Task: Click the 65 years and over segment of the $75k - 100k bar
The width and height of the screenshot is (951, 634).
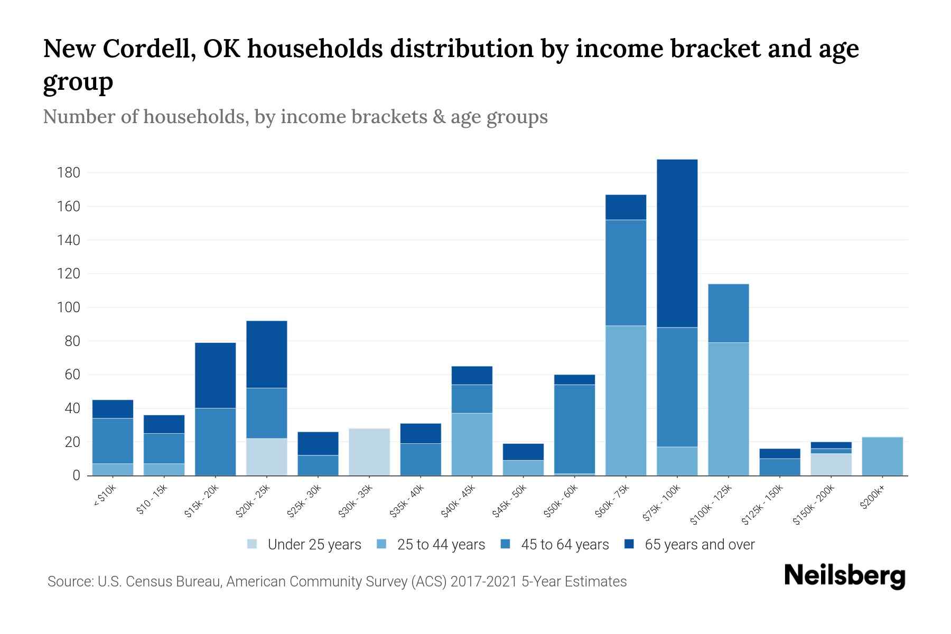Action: click(677, 243)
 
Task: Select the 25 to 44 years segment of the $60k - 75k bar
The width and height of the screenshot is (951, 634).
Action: click(626, 400)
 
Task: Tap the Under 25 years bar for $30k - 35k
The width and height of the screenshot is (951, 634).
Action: click(369, 452)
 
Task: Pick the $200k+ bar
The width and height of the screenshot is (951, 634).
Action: click(882, 456)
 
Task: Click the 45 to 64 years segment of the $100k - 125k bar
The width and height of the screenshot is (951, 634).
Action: click(728, 313)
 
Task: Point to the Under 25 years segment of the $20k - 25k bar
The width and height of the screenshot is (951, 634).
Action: click(267, 457)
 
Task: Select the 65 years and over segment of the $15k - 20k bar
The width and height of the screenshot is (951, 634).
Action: click(216, 375)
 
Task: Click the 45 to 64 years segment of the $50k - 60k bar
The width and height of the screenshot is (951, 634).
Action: click(574, 429)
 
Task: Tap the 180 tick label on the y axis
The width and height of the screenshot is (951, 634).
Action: click(69, 173)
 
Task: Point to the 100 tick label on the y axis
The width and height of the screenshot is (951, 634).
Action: click(69, 307)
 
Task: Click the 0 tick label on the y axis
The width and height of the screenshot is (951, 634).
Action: click(77, 475)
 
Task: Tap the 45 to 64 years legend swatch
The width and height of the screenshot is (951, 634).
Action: click(506, 544)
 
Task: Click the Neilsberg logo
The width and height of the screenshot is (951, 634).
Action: click(844, 576)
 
